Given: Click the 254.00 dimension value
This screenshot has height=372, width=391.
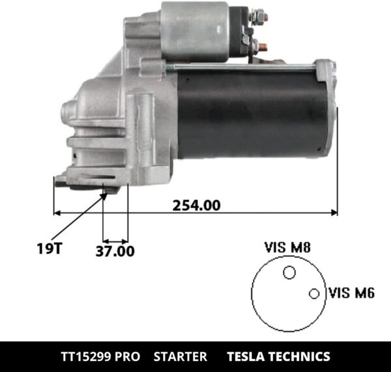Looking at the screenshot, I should tap(196, 204).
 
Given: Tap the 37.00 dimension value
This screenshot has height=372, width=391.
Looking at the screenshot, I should tap(115, 251).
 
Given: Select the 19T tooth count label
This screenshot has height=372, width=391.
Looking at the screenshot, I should tap(47, 247).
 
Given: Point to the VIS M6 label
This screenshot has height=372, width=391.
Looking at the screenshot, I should tap(352, 293).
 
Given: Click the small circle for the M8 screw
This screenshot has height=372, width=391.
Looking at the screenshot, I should tap(289, 273).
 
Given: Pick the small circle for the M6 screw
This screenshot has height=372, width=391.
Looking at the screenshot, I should tap(314, 294).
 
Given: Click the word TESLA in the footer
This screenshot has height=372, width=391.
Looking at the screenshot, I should tap(246, 357).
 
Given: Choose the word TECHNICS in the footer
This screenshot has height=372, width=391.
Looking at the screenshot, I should tap(300, 357).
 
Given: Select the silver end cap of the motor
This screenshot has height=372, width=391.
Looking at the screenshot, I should tap(326, 108).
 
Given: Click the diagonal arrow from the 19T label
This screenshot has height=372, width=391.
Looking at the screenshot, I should tap(78, 217).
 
